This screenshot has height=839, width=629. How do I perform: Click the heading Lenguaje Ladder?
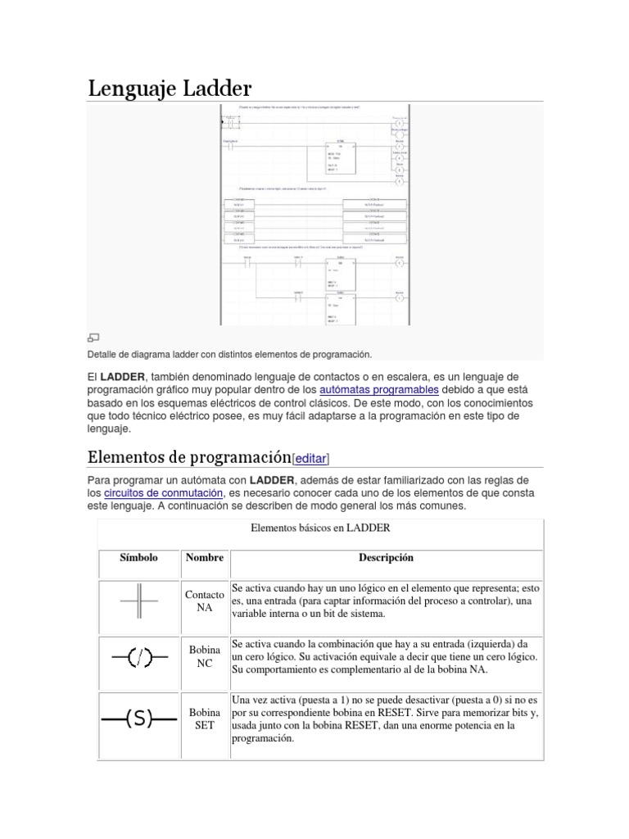(170, 88)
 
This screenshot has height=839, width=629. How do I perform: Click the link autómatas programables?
(379, 388)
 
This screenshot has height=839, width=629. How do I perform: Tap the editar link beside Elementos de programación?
(312, 459)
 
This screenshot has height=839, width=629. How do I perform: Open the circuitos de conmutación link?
(164, 492)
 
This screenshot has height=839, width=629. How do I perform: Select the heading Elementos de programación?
(189, 457)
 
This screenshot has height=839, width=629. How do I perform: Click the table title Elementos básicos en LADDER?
(320, 528)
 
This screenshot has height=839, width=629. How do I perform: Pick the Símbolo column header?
(138, 558)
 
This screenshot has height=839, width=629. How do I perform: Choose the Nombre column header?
(204, 558)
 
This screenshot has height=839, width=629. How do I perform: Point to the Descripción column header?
(386, 558)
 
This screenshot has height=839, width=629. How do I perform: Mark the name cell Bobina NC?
(204, 656)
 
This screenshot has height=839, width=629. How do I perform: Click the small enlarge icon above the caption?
(93, 338)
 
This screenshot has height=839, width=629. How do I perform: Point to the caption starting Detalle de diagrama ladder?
(229, 354)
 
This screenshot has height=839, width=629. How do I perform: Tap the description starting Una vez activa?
(385, 719)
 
